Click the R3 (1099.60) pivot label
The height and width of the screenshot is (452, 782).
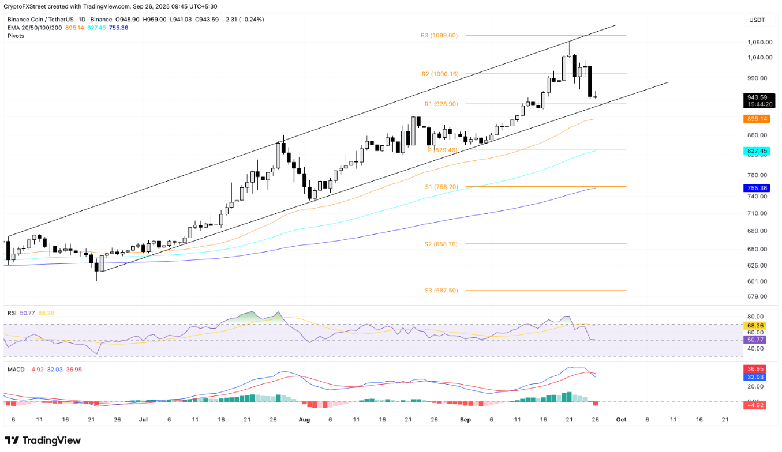click(439, 36)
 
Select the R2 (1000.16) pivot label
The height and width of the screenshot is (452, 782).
click(439, 74)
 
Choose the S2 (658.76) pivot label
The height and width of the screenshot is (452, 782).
click(440, 244)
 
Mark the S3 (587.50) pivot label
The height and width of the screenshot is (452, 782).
click(440, 291)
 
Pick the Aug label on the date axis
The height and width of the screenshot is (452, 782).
click(304, 420)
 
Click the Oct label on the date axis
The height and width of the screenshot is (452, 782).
click(621, 420)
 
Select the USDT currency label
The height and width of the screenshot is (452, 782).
click(756, 20)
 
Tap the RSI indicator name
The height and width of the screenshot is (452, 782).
click(12, 313)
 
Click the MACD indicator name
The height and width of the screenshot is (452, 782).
click(16, 353)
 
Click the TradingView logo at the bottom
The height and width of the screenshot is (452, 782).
click(43, 440)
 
